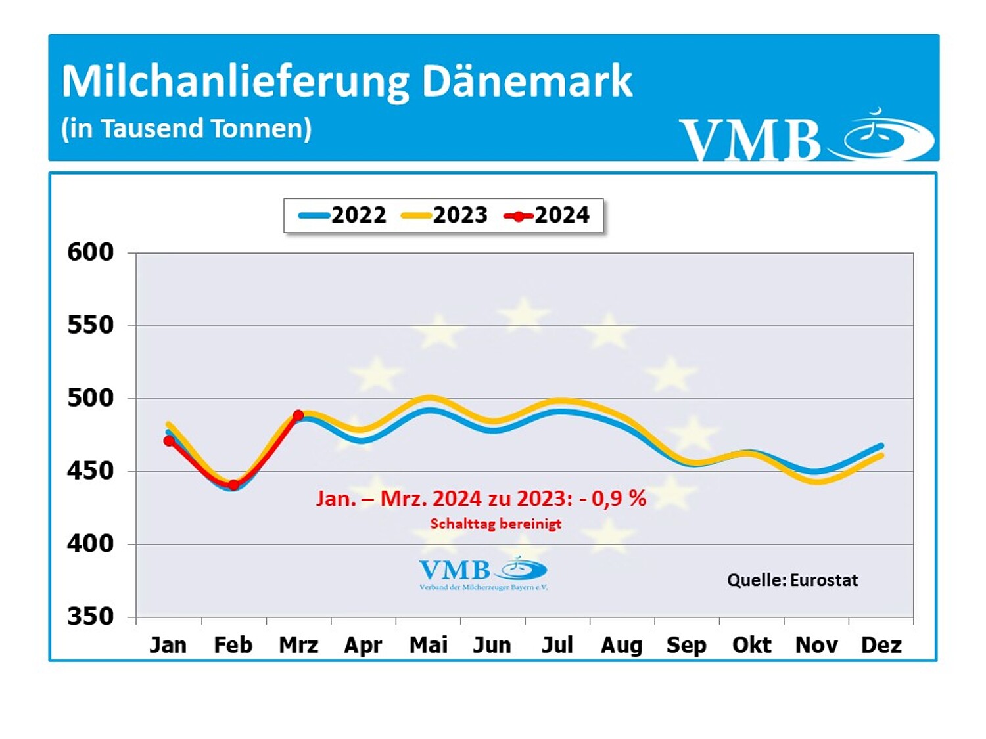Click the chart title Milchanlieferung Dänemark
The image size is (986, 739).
[x=346, y=81]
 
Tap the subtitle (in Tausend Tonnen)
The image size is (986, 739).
[x=186, y=129]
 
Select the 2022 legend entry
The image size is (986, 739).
[x=343, y=215]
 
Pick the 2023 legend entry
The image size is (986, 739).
[x=445, y=215]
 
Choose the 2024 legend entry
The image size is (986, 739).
[x=547, y=215]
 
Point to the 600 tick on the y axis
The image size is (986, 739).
[x=91, y=252]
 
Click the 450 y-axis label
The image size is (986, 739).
[x=91, y=471]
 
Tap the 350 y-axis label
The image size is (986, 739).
[x=91, y=617]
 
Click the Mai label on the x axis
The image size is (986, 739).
[x=428, y=645]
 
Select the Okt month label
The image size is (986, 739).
[x=751, y=645]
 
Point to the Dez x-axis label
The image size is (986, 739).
[x=881, y=645]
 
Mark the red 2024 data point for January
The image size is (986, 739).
[x=169, y=441]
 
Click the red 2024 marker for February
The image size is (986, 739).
[x=233, y=485]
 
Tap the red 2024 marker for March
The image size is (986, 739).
[x=298, y=415]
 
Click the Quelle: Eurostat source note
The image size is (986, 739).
[x=792, y=580]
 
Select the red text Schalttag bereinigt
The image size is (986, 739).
[x=496, y=524]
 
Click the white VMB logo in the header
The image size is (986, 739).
[x=806, y=136]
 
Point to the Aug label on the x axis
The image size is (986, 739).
[x=622, y=645]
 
